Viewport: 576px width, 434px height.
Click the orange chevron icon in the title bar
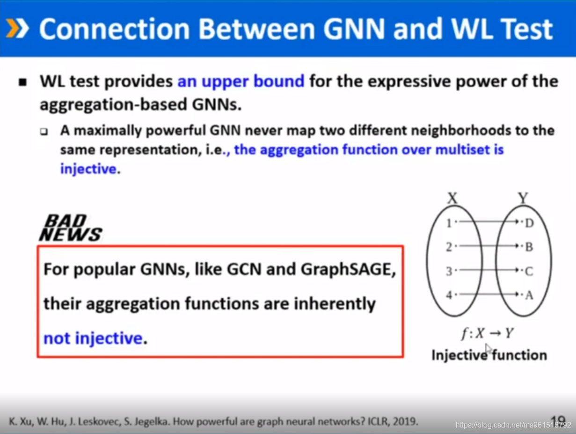(x=17, y=28)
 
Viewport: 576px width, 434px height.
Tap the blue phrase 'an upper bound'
(x=241, y=81)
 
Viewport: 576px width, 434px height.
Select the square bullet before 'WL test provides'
(x=23, y=82)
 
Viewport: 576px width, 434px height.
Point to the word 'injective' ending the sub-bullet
(x=88, y=169)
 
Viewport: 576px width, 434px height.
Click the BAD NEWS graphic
(x=71, y=228)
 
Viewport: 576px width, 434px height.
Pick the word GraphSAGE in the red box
(x=348, y=270)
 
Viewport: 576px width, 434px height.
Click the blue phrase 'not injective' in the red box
(x=93, y=338)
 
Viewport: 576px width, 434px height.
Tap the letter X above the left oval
(x=452, y=198)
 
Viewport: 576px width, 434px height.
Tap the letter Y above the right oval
(x=523, y=198)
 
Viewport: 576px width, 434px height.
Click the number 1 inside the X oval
(x=449, y=223)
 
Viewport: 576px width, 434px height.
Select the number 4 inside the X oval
(x=449, y=295)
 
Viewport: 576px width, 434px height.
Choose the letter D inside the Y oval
(x=529, y=223)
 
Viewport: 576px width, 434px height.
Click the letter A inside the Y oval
(x=529, y=295)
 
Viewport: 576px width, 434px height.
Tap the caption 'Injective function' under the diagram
(x=489, y=355)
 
